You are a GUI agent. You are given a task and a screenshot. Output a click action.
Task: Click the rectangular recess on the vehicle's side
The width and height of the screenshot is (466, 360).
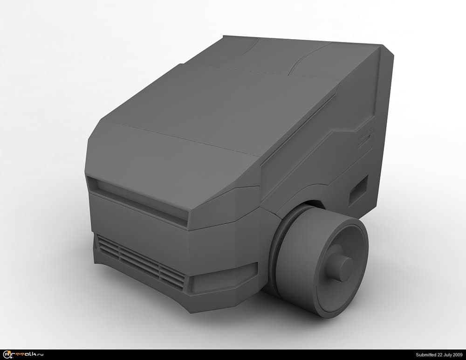[x=358, y=190]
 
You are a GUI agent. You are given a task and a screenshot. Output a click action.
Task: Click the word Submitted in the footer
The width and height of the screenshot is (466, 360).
[x=426, y=355]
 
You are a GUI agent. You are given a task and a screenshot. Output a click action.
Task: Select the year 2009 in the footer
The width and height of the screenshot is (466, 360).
[x=458, y=355]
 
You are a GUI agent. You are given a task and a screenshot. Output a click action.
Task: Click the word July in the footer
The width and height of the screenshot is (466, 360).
[x=448, y=355]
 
